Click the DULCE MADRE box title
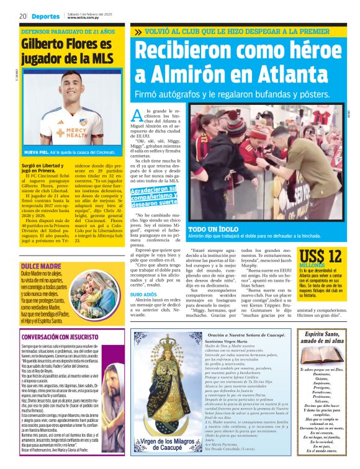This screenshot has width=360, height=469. pos(37,249)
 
